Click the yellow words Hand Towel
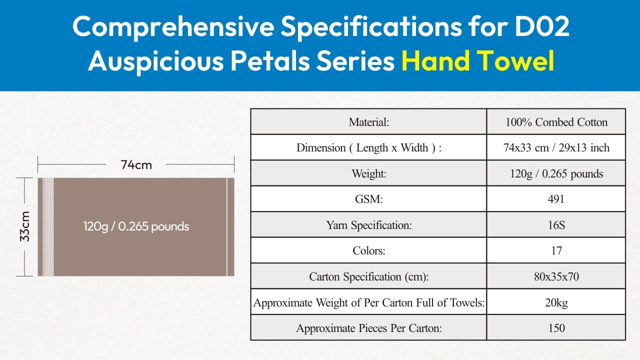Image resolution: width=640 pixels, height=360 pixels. pyautogui.click(x=478, y=60)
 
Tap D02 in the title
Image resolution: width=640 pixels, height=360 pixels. pyautogui.click(x=542, y=26)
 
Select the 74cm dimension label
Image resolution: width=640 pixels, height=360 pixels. pyautogui.click(x=136, y=165)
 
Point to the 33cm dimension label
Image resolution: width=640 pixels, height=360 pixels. pyautogui.click(x=25, y=226)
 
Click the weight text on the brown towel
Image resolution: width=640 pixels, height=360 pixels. pyautogui.click(x=136, y=226)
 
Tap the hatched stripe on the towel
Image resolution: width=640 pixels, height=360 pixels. pyautogui.click(x=48, y=227)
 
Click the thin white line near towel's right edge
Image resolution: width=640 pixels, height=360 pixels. pyautogui.click(x=227, y=227)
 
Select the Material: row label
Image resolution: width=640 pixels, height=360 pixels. pyautogui.click(x=369, y=122)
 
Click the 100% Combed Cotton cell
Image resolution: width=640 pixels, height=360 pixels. pyautogui.click(x=556, y=122)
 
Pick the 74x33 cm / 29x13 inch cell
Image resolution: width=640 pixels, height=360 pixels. pyautogui.click(x=556, y=147)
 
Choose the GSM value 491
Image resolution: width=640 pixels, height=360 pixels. pyautogui.click(x=556, y=199)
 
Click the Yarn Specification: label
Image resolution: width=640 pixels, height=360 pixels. pyautogui.click(x=369, y=225)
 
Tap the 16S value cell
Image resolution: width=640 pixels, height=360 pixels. pyautogui.click(x=556, y=225)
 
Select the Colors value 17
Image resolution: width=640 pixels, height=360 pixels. pyautogui.click(x=556, y=251)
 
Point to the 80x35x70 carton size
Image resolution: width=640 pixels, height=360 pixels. pyautogui.click(x=556, y=276)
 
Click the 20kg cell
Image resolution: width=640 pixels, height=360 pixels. pyautogui.click(x=556, y=302)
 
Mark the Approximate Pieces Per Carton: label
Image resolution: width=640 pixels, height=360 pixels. pyautogui.click(x=369, y=328)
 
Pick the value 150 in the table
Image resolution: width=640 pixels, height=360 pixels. pyautogui.click(x=556, y=328)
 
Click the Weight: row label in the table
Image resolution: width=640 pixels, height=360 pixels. pyautogui.click(x=369, y=173)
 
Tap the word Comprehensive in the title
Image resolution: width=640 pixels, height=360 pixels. pyautogui.click(x=173, y=27)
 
